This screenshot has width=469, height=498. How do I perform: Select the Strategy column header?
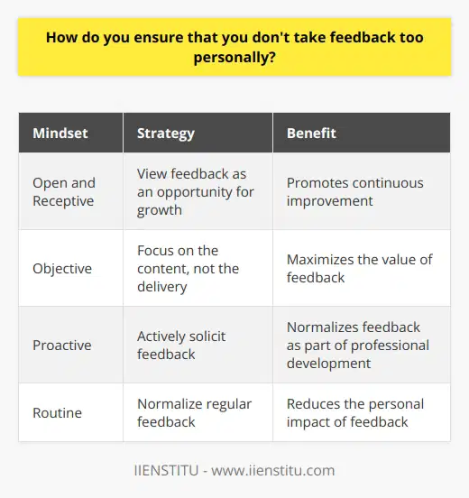[165, 134]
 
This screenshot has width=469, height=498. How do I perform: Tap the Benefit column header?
[311, 134]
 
